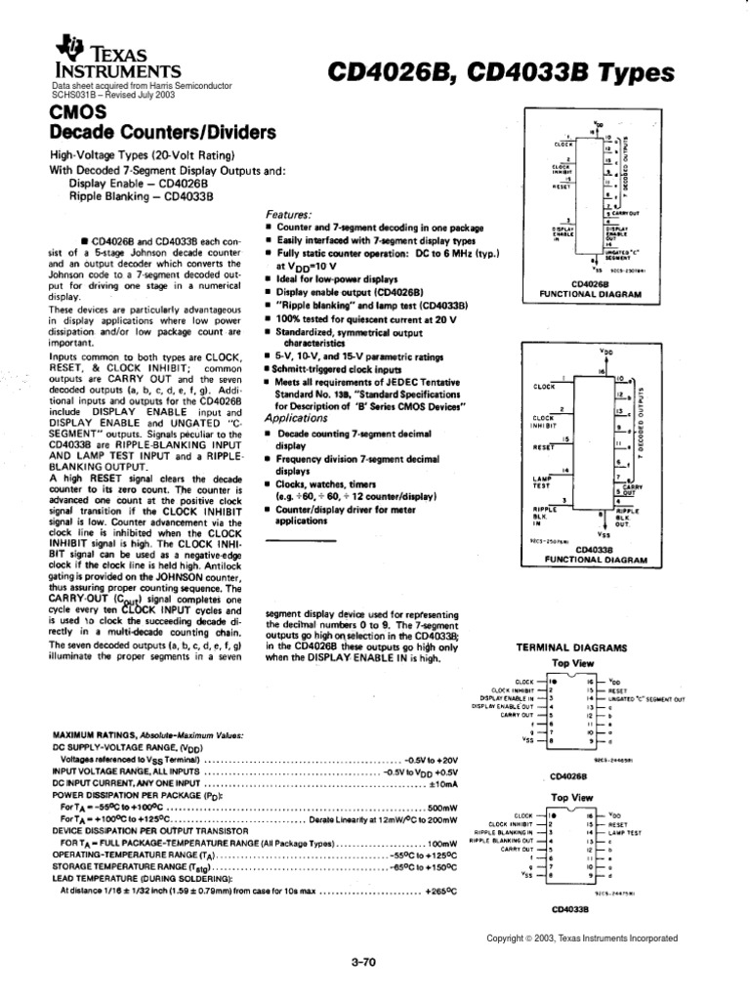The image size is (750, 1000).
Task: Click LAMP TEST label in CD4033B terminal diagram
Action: [x=637, y=833]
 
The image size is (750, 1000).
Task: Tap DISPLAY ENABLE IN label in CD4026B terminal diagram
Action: [x=506, y=699]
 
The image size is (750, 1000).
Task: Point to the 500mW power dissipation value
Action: [x=442, y=808]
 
